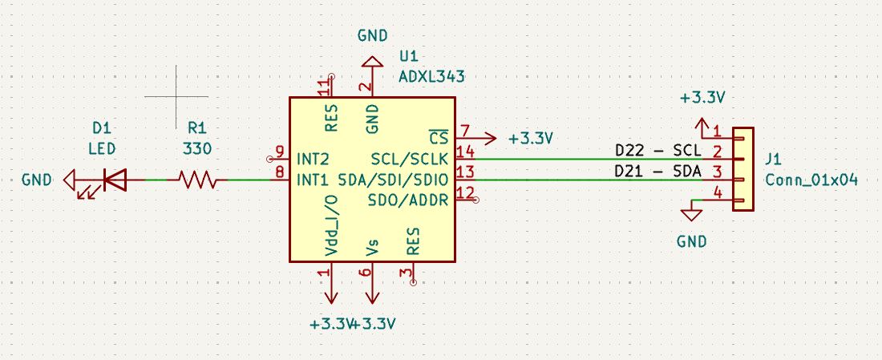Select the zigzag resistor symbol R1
(196, 180)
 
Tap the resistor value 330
(196, 148)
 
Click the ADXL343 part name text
(431, 76)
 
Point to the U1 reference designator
(408, 57)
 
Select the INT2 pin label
(312, 157)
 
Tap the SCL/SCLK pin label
(411, 157)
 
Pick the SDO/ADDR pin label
(411, 196)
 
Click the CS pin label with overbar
(439, 136)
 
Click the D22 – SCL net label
(657, 151)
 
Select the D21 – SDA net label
(657, 171)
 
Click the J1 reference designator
(775, 159)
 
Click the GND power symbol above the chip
(372, 61)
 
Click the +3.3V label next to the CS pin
(531, 138)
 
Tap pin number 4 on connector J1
(718, 192)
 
